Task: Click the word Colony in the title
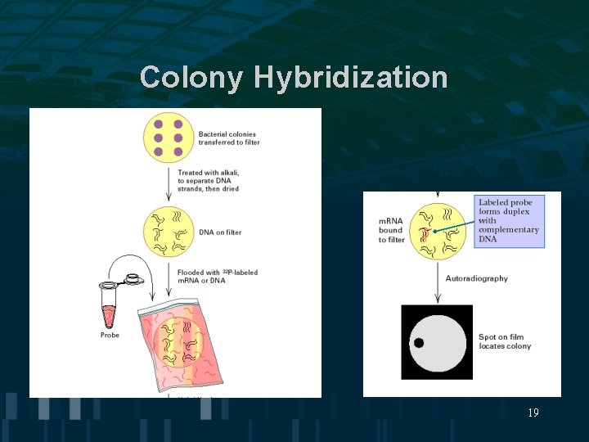191,78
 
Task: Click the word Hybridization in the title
351,79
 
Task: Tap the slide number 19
533,413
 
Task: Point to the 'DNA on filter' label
220,232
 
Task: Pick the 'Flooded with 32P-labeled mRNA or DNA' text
218,277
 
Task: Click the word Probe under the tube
110,335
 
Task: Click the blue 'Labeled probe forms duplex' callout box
509,221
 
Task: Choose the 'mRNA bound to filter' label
391,230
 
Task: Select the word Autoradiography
477,278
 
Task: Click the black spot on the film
418,343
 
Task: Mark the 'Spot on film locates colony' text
505,341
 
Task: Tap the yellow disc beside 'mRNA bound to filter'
436,231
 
